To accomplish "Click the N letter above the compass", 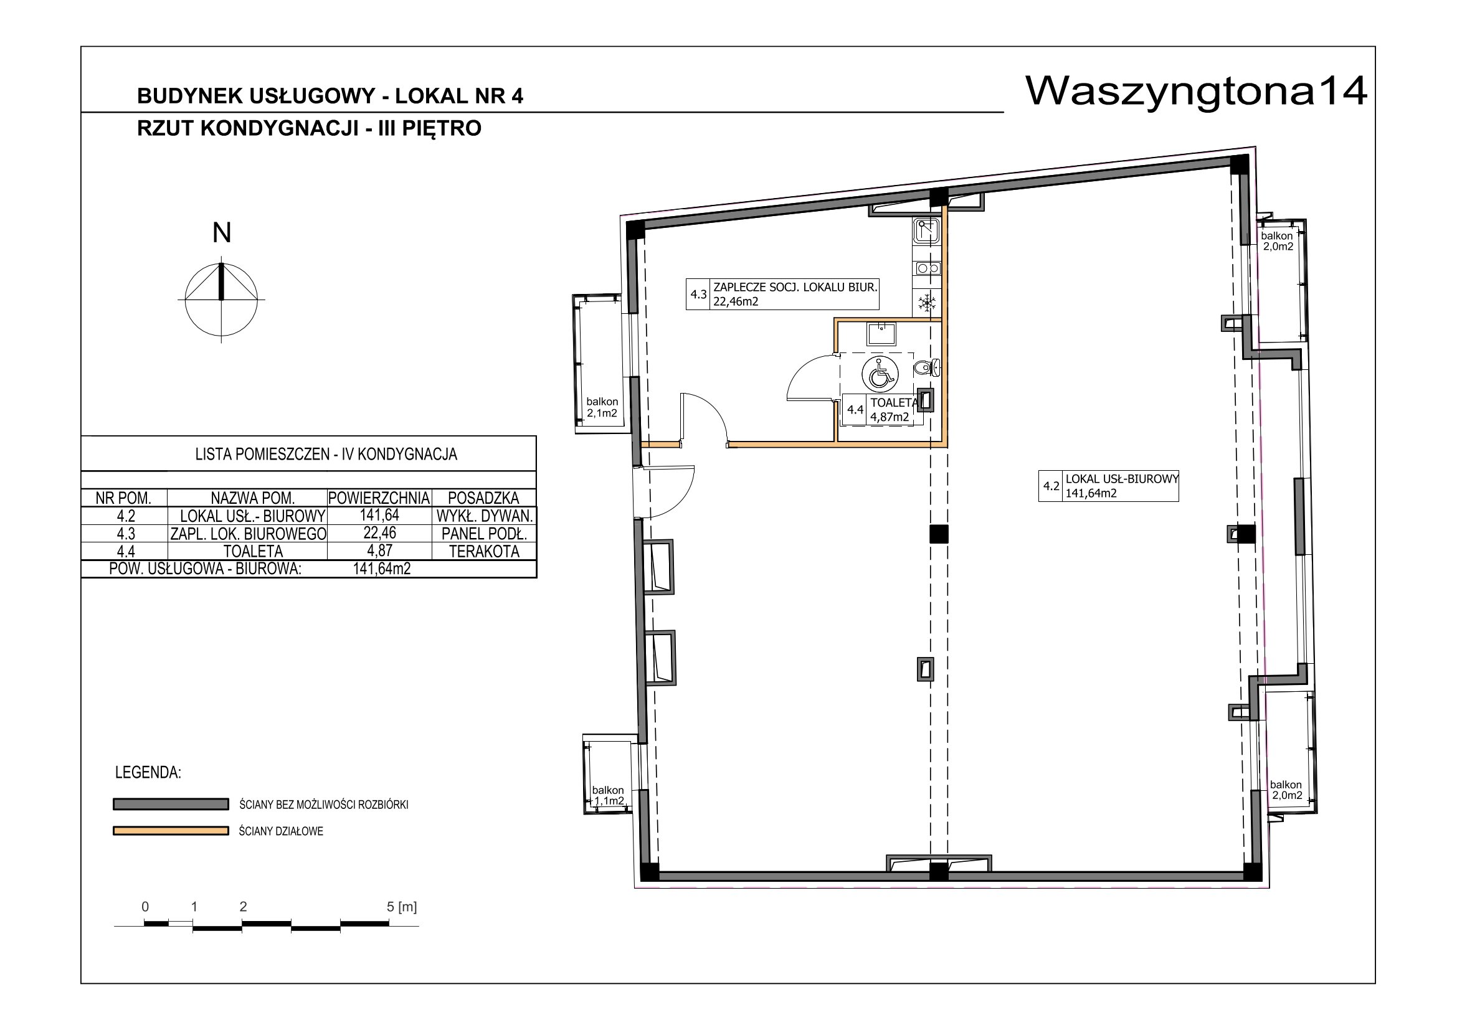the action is (222, 233).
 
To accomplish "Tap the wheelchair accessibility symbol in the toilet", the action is (880, 374).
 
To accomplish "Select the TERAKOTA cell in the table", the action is (484, 551).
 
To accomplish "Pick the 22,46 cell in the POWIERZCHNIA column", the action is (379, 533).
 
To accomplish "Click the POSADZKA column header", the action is (483, 498).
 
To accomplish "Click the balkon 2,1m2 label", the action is (602, 407).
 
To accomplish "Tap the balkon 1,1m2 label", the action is (608, 795).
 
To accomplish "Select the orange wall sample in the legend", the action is (171, 831).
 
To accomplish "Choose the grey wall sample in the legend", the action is (171, 804).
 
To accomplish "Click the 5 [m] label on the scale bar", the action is (402, 907).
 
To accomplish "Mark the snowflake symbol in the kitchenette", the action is (928, 303).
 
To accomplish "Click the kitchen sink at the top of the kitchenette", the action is (926, 232).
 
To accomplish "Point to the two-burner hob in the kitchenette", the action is (927, 268).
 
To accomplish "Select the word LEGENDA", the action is (148, 773).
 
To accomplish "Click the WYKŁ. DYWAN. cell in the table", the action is (484, 516).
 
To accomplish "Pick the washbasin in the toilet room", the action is (881, 334).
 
